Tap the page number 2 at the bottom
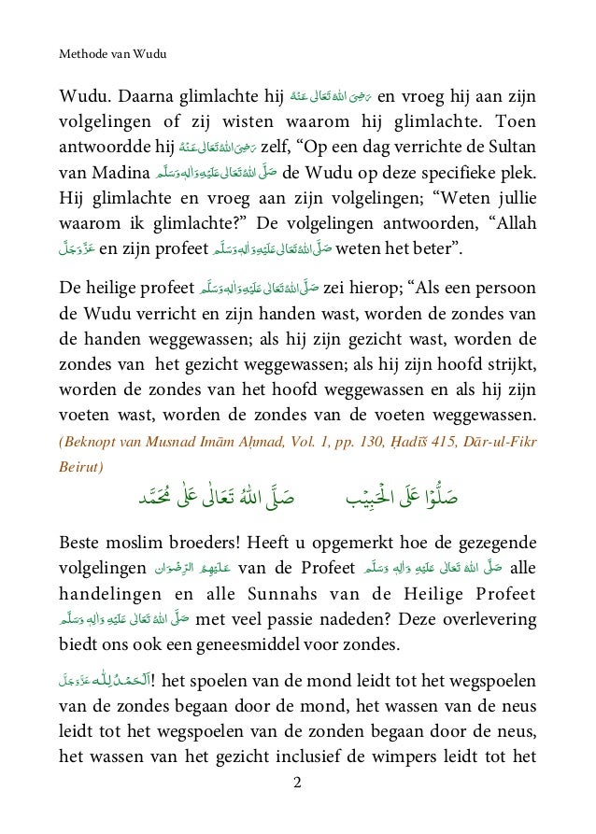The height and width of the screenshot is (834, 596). click(297, 808)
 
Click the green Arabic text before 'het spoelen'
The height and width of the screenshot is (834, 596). click(103, 679)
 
